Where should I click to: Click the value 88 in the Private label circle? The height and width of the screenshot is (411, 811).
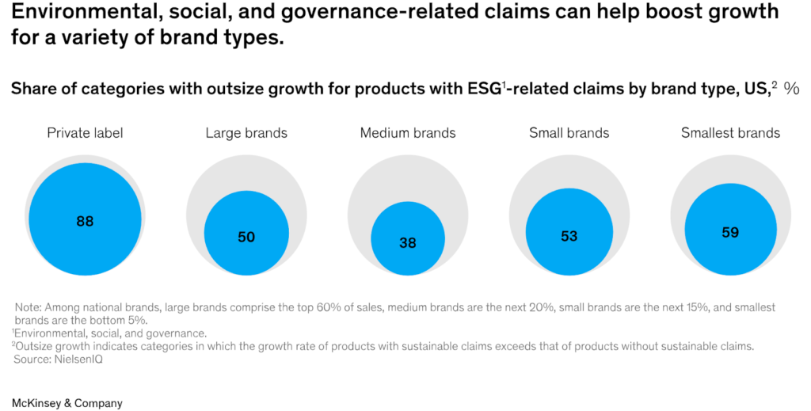click(85, 222)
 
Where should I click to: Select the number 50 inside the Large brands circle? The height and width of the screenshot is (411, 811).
click(246, 237)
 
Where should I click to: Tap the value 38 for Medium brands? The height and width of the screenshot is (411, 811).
click(407, 243)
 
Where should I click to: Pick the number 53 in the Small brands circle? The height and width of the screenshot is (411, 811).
click(569, 236)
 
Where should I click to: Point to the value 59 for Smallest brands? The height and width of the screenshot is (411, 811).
click(730, 232)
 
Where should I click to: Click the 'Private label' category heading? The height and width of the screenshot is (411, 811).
click(85, 133)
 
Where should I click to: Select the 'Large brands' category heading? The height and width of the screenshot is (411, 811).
click(246, 133)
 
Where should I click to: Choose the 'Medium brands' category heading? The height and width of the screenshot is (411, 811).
click(408, 133)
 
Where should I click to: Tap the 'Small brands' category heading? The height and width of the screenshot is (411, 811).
click(569, 133)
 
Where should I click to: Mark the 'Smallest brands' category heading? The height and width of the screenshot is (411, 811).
click(730, 133)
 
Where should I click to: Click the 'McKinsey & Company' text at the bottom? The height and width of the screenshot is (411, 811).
click(67, 403)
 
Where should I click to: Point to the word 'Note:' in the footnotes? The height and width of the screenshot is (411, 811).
click(29, 307)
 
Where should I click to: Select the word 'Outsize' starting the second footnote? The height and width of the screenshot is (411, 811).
click(36, 346)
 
